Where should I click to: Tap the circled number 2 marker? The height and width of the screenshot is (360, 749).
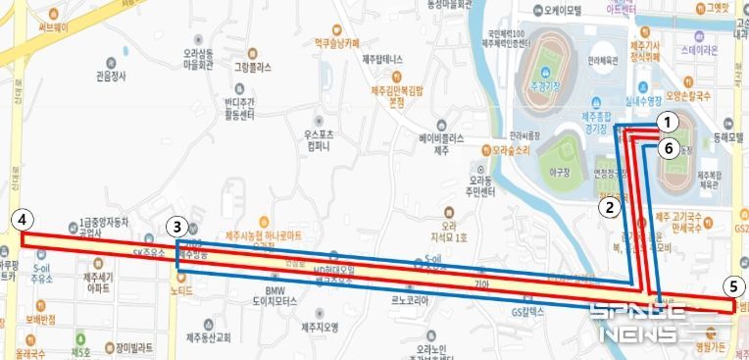(609, 207)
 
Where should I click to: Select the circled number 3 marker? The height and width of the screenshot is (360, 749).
(175, 227)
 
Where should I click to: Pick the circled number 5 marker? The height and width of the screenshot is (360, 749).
(731, 286)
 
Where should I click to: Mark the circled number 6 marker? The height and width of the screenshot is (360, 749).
(667, 149)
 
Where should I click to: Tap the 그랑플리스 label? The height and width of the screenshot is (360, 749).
(252, 69)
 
